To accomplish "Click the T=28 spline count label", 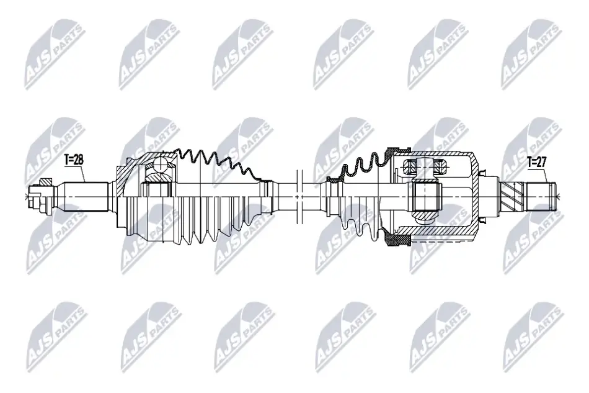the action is coord(74,160).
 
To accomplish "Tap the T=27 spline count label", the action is coord(537,162).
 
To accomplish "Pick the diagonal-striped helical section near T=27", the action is coord(511,196).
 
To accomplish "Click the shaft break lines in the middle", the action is coord(299,196).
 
